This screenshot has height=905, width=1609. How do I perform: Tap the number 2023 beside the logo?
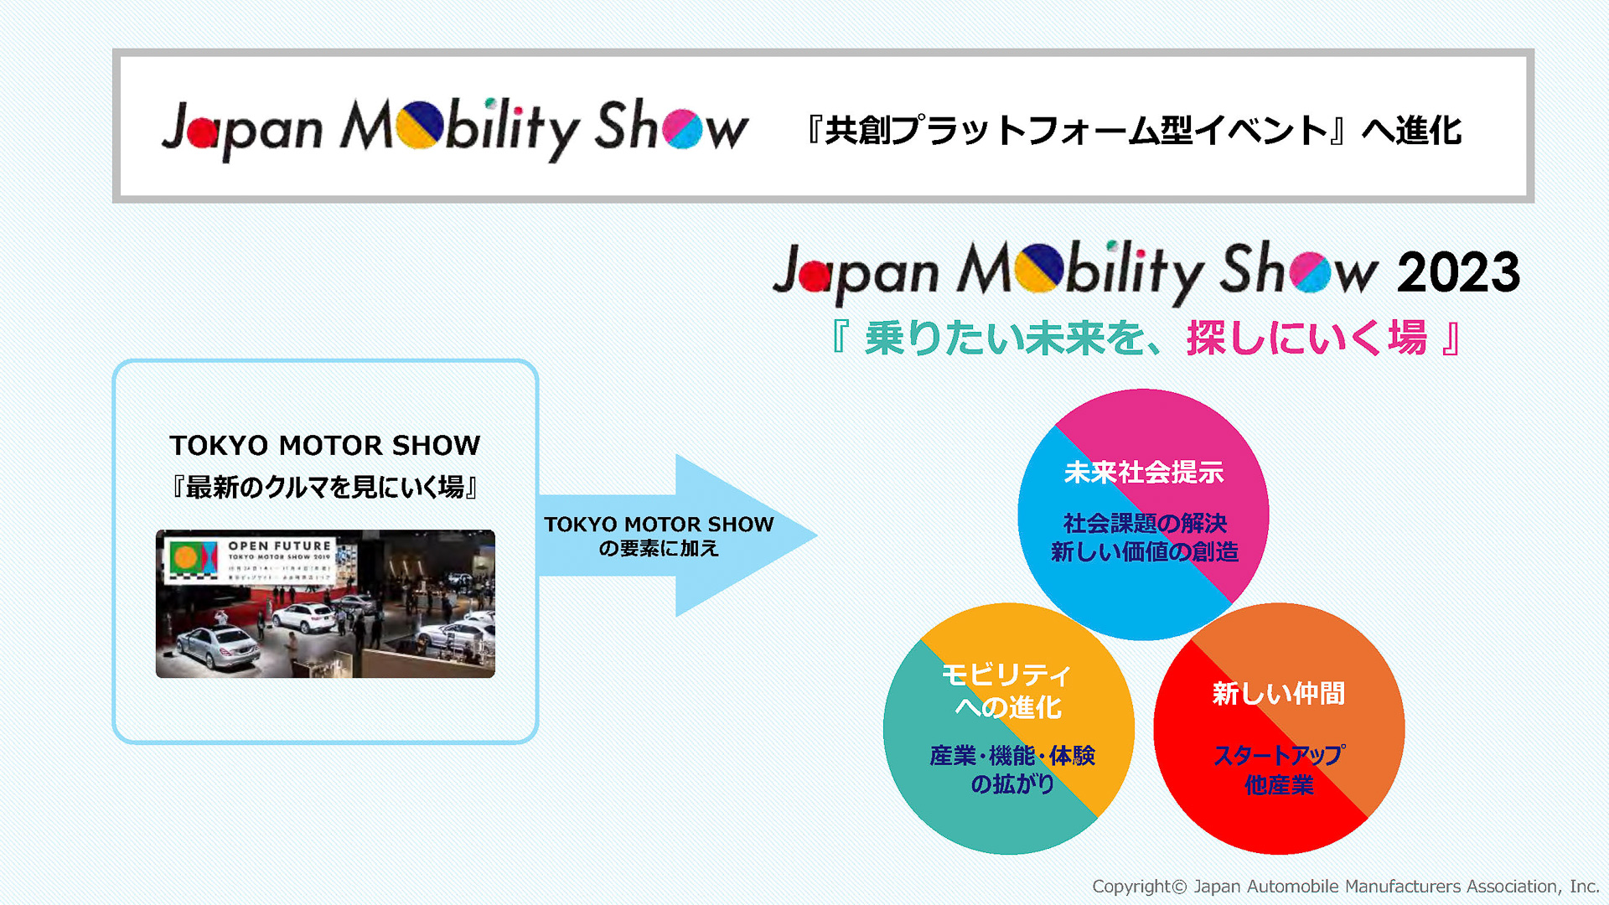tap(1457, 272)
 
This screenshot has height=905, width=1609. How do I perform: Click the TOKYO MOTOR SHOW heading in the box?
tap(325, 445)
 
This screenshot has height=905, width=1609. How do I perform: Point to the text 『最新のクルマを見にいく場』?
tap(325, 487)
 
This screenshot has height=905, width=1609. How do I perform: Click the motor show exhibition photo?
tap(325, 603)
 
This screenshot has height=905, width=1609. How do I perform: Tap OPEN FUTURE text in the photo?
tap(280, 546)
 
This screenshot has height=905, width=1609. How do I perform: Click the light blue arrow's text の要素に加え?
tap(659, 549)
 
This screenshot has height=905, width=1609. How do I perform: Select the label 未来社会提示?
tap(1143, 473)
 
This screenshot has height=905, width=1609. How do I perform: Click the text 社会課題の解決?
tap(1145, 523)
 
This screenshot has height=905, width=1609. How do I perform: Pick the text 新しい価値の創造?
tap(1145, 551)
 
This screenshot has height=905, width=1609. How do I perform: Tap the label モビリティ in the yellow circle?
tap(1006, 675)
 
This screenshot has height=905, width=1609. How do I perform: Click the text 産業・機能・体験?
tap(1012, 756)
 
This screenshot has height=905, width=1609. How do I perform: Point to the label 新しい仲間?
tap(1279, 694)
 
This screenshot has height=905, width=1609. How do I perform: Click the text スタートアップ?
tap(1279, 755)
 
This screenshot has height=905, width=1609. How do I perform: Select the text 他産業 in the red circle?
tap(1279, 785)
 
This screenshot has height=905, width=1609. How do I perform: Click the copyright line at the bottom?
tap(1345, 887)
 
